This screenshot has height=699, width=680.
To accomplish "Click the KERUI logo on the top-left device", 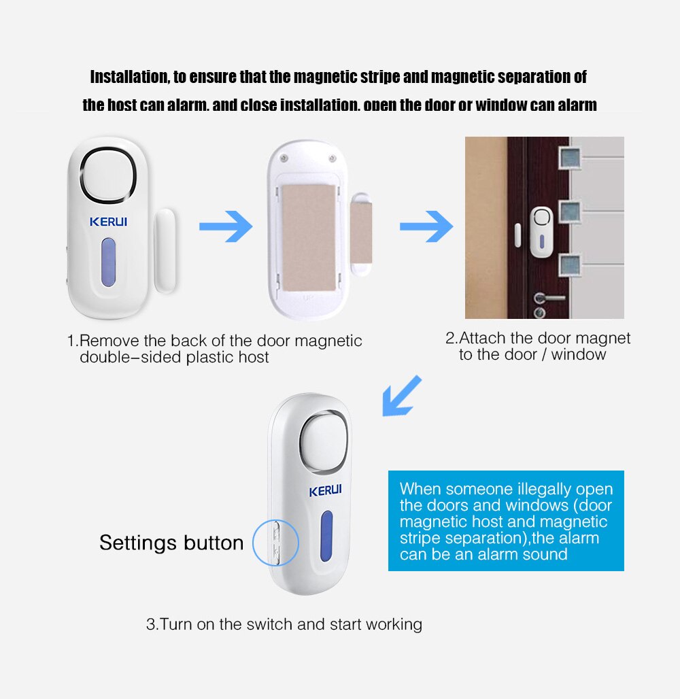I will click(108, 222).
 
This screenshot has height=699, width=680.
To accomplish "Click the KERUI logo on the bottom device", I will click(326, 491).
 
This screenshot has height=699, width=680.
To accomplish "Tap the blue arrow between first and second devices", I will click(226, 226).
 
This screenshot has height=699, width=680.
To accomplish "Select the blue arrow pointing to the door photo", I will click(426, 226).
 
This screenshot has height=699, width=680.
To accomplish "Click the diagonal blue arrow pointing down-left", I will click(402, 396).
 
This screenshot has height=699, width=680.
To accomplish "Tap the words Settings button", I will click(171, 543).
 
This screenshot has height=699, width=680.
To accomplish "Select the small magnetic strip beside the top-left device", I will click(165, 250).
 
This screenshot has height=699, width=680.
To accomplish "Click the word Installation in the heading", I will click(129, 77).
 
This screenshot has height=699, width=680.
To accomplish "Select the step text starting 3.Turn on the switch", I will click(284, 624).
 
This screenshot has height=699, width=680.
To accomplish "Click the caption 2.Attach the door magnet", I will click(538, 338).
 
